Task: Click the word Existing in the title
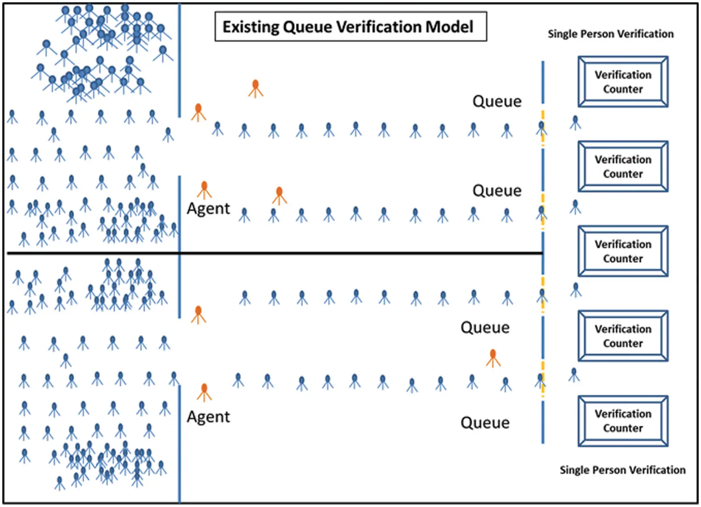(250, 27)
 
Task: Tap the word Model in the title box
(449, 27)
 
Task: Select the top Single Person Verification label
(610, 34)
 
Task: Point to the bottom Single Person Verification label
(622, 470)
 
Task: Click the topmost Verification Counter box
(623, 82)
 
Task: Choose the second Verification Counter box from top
(623, 166)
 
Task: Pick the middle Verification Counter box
(623, 251)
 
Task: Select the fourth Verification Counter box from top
(623, 336)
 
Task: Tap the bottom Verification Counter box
(623, 421)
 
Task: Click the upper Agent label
(208, 208)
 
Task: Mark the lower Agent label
(208, 417)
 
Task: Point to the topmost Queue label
(497, 101)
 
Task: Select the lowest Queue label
(485, 423)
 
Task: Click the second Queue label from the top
(497, 191)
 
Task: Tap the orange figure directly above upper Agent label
(204, 189)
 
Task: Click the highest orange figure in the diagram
(255, 88)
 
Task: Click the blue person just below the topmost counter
(575, 122)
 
